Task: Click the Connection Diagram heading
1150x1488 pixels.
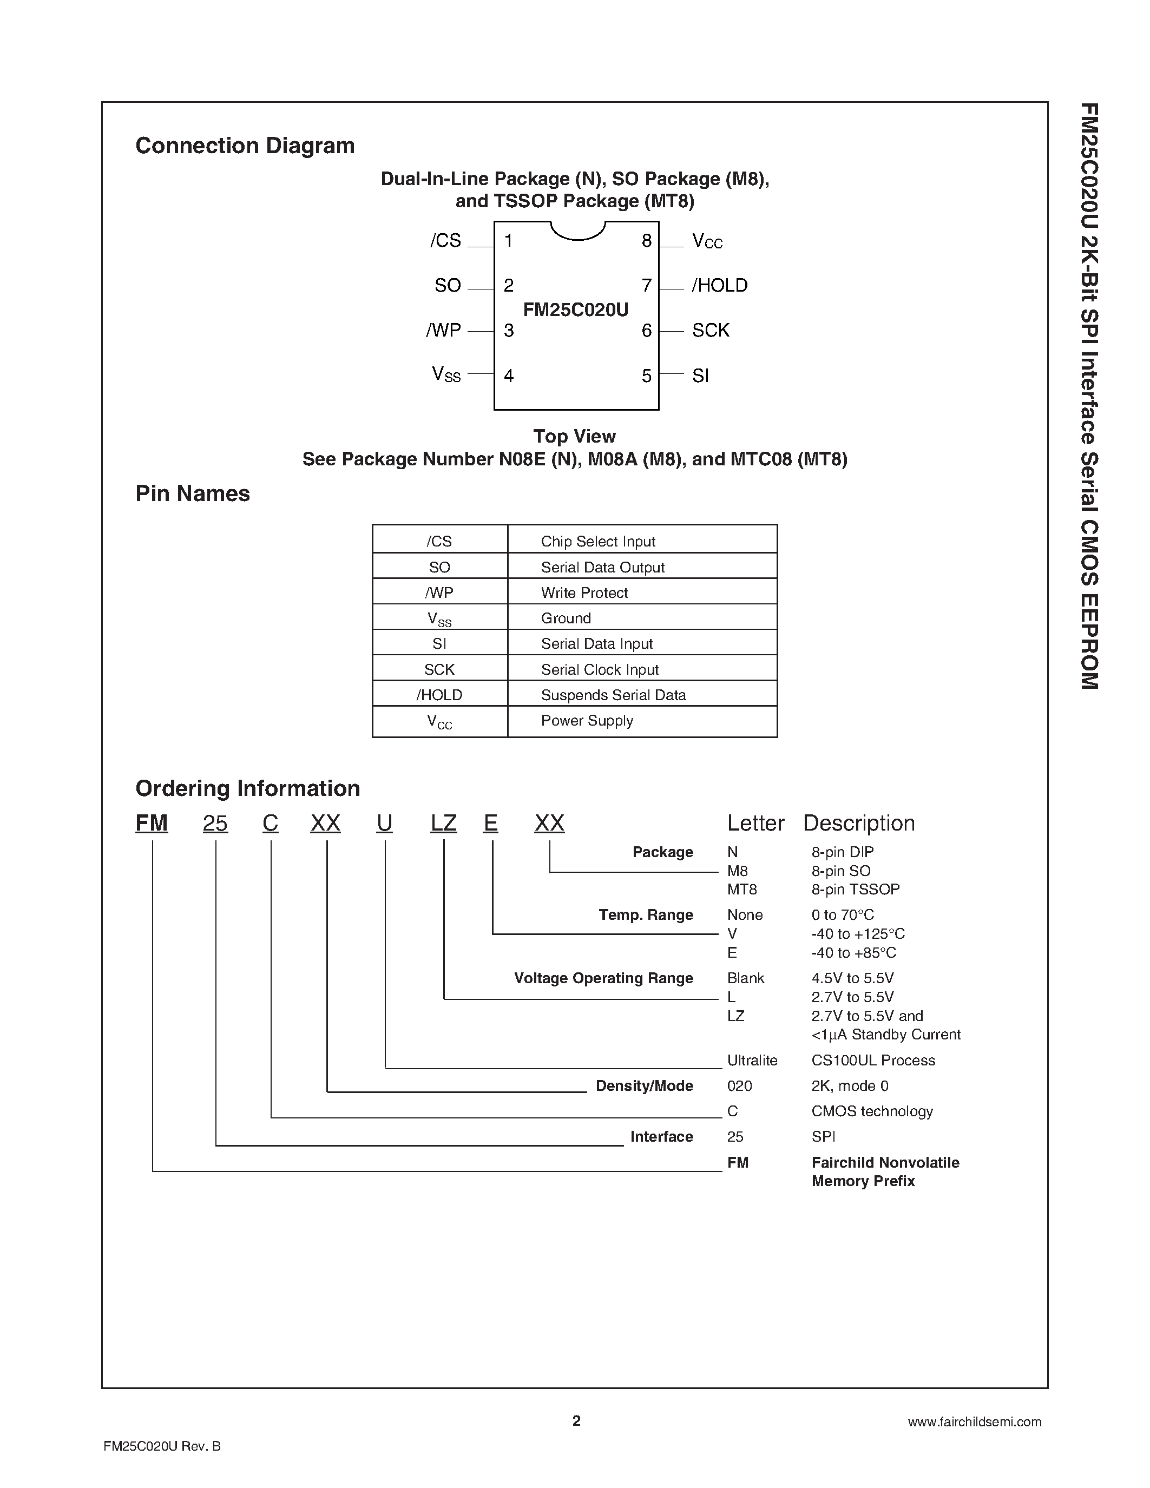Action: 245,146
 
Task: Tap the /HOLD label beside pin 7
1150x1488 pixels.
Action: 719,286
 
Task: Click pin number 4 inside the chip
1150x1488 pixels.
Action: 508,376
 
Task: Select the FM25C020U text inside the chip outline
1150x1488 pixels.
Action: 576,310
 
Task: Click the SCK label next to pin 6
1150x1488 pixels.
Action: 711,331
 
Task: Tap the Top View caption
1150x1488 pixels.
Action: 574,436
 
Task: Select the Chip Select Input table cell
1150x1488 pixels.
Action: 597,542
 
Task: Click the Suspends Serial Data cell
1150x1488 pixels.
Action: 613,695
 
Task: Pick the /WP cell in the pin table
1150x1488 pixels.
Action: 439,592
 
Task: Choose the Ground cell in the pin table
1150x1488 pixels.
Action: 566,618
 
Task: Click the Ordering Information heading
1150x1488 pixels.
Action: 247,788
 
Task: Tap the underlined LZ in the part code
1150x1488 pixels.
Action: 444,824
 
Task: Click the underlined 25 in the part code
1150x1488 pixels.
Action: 215,824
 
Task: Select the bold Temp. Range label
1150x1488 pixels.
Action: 645,915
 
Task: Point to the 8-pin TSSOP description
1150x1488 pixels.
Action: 855,889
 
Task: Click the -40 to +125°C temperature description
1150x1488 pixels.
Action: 858,934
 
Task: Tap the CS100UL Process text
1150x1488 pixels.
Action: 873,1060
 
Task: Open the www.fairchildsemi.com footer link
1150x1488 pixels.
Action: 974,1422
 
